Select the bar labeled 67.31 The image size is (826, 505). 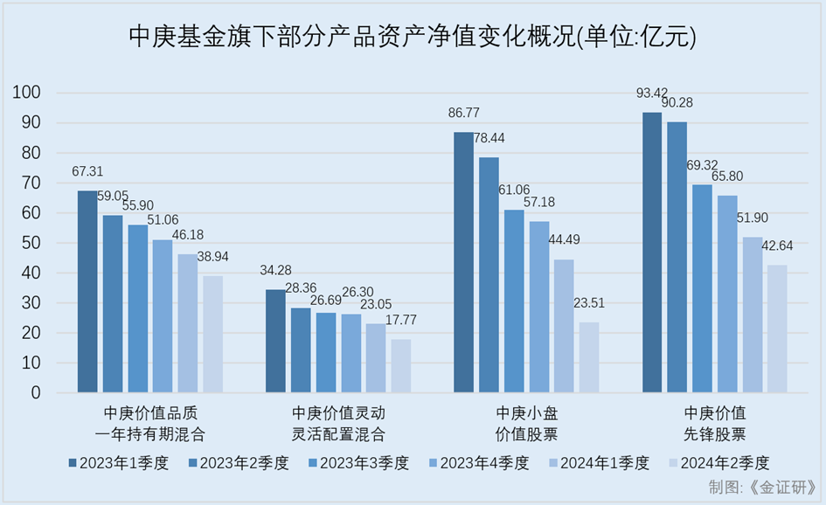pos(87,291)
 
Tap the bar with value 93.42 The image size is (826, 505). pos(652,252)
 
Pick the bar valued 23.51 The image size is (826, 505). pos(589,357)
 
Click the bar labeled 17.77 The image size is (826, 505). pos(400,366)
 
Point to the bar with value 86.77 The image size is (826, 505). pos(463,262)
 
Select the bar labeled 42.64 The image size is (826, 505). pos(777,329)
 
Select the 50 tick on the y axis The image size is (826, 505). pos(33,243)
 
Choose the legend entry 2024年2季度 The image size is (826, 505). pos(717,463)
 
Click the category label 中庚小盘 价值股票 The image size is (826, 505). pos(526,423)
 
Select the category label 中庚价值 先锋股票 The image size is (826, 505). pos(715,423)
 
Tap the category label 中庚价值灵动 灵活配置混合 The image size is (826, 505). pos(337,423)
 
